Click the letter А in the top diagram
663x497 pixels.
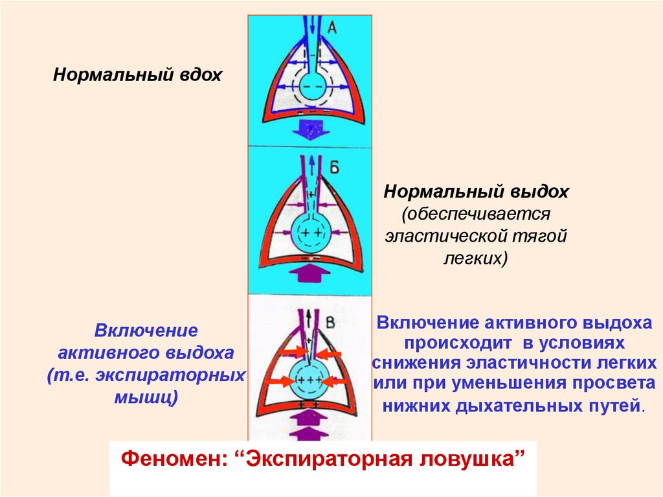click(x=331, y=27)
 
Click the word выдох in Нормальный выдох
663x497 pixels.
click(x=538, y=192)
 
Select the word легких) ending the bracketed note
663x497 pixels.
click(x=475, y=258)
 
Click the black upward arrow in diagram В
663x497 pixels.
click(x=309, y=316)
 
